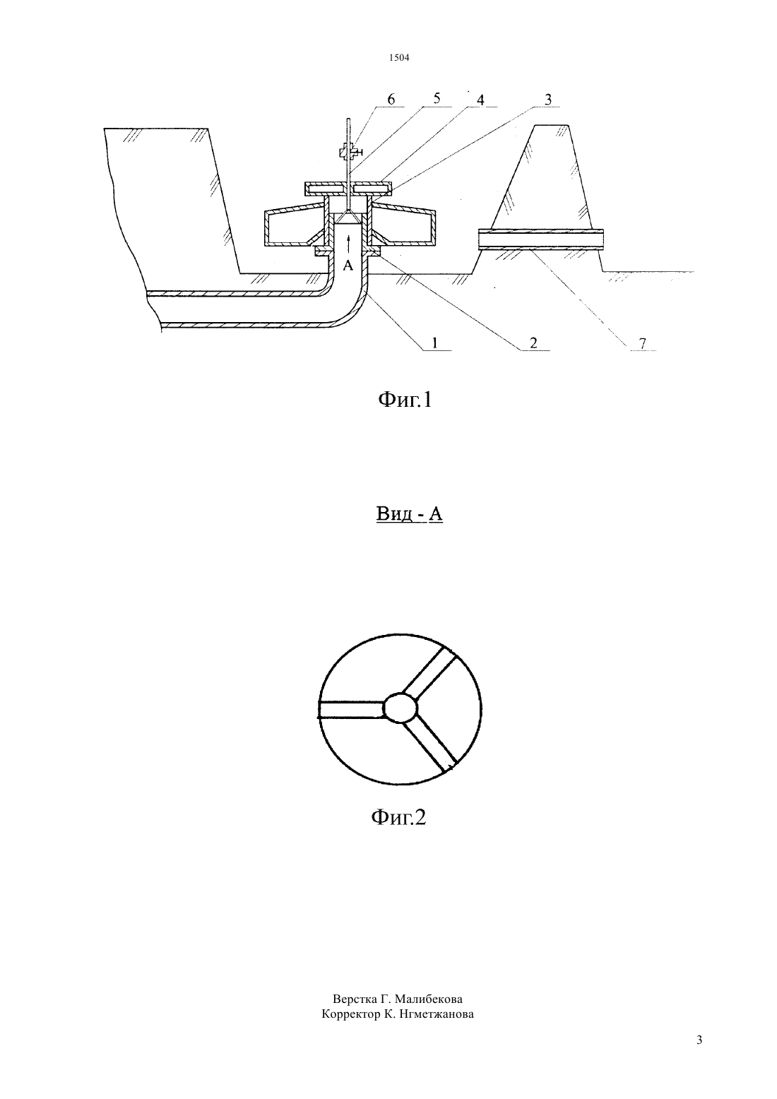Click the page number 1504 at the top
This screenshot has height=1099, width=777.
(x=399, y=58)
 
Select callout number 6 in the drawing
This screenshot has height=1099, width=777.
(x=391, y=100)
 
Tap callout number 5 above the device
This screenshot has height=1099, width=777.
(x=437, y=99)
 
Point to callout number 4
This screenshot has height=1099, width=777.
(x=480, y=100)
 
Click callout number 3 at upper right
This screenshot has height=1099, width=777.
(x=548, y=100)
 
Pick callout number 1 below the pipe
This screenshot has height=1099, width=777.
(x=434, y=343)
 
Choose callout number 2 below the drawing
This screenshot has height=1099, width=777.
(x=533, y=343)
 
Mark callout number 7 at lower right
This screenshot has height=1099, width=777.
(x=642, y=343)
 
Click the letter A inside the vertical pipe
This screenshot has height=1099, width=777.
(x=348, y=266)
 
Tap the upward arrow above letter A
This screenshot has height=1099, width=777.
(x=348, y=244)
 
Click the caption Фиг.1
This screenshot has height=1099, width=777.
(x=405, y=400)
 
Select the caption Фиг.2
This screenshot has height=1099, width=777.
(x=398, y=817)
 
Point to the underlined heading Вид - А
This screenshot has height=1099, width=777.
(x=410, y=513)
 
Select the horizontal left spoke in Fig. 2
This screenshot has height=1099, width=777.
(x=351, y=709)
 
